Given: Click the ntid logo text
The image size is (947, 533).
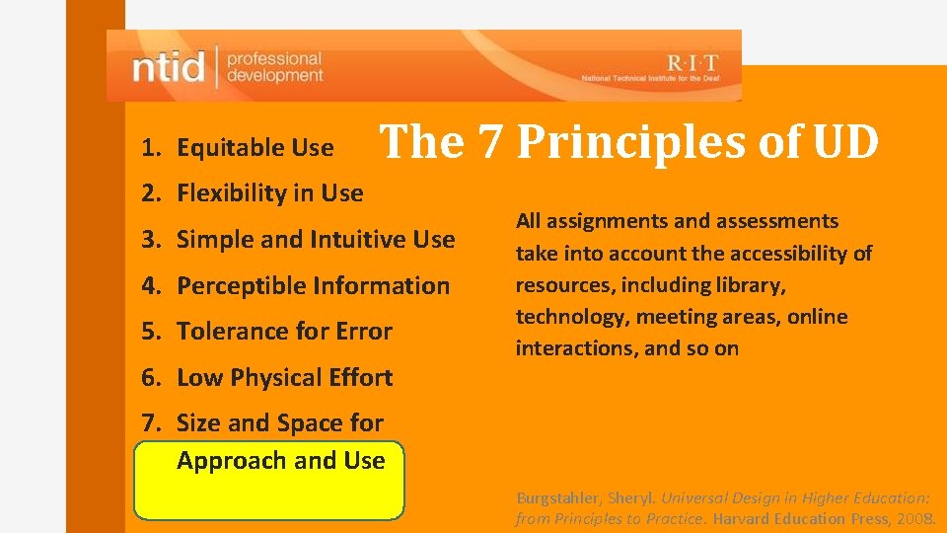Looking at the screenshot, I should click(x=169, y=67).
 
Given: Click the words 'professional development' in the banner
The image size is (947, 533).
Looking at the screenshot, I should click(x=273, y=67).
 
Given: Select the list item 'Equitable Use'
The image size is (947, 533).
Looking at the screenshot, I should click(x=255, y=148).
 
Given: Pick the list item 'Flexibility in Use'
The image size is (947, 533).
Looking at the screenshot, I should click(x=269, y=193).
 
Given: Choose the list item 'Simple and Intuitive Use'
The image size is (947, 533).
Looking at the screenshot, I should click(x=316, y=240).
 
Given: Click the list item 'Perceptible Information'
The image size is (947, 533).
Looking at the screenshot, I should click(x=313, y=286).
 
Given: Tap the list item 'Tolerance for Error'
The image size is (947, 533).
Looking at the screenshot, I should click(x=284, y=332).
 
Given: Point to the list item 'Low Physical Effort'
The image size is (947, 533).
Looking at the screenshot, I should click(x=284, y=378).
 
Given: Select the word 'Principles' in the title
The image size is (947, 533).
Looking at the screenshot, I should click(x=631, y=142).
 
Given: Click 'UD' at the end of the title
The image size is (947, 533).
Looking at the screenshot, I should click(x=845, y=142).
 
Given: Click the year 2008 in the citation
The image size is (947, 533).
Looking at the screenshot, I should click(x=917, y=518).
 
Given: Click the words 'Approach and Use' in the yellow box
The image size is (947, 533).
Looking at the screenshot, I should click(x=280, y=461).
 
